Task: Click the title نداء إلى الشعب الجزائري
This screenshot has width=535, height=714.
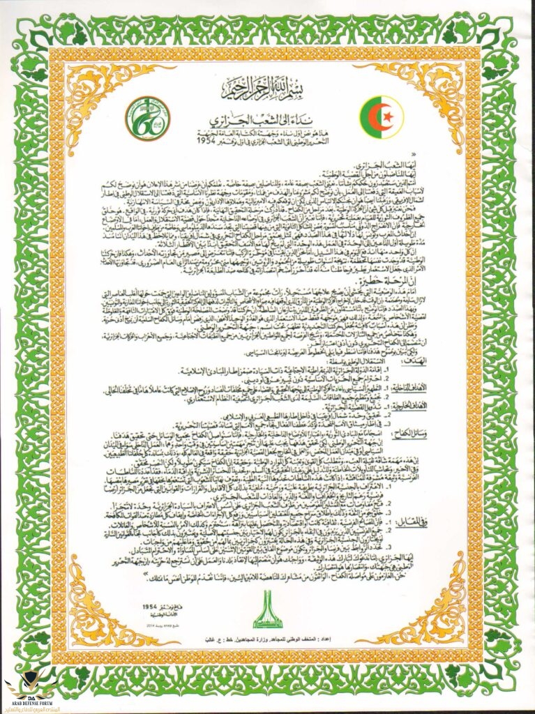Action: pos(266,116)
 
